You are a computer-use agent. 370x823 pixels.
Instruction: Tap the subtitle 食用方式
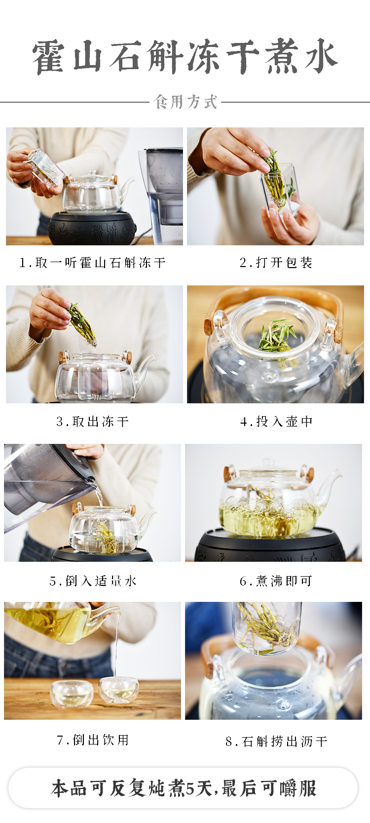click(185, 102)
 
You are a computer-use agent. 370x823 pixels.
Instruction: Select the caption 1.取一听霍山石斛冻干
click(93, 263)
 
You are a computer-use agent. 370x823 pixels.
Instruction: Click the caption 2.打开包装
click(276, 263)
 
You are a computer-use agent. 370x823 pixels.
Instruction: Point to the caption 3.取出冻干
click(93, 422)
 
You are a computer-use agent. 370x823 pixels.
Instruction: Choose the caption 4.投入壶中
click(276, 422)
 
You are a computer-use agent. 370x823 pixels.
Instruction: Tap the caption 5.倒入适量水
click(93, 581)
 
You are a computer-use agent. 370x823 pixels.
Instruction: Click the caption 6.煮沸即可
click(276, 581)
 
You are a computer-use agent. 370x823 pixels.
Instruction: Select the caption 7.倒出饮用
click(93, 740)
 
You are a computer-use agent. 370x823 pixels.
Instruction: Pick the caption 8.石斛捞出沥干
click(276, 742)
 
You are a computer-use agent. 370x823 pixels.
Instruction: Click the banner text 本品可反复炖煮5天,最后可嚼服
click(184, 788)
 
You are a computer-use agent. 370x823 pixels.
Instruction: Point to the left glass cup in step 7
click(71, 693)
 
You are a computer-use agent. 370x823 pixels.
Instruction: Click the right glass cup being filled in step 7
click(118, 690)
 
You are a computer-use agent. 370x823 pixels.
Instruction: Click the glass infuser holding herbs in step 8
click(266, 627)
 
